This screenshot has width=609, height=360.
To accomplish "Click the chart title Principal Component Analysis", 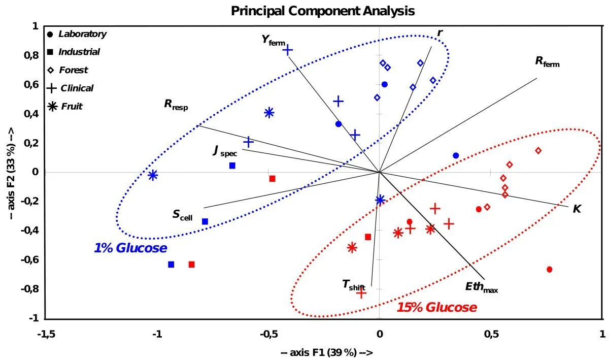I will click(x=323, y=11).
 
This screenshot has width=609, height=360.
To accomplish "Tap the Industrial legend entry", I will click(x=79, y=52).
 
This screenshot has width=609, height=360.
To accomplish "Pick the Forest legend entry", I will click(x=73, y=70).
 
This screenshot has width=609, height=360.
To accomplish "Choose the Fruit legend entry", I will click(x=70, y=107).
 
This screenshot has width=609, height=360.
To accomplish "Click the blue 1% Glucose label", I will click(x=130, y=248).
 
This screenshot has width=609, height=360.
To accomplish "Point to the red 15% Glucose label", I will click(x=436, y=308).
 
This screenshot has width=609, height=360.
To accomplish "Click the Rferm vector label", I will click(x=547, y=62).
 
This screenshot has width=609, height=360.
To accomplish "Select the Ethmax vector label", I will click(x=481, y=287).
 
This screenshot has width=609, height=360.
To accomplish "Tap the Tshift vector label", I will click(x=354, y=285).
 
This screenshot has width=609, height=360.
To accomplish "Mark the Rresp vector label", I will click(x=176, y=105).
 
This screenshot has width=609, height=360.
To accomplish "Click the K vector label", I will click(x=577, y=209).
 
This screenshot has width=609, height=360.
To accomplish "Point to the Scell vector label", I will click(x=182, y=215).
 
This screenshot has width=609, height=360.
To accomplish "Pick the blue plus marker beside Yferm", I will click(x=288, y=50).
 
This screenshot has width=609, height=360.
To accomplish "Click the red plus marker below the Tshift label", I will click(x=361, y=293).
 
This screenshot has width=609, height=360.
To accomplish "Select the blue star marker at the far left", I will click(x=153, y=175).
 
